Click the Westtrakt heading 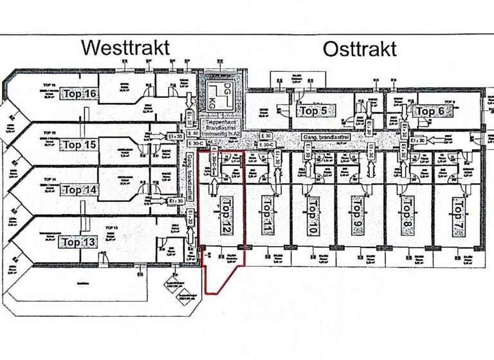pyautogui.click(x=125, y=48)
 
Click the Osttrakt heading pyautogui.click(x=360, y=49)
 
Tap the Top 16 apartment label pyautogui.click(x=80, y=94)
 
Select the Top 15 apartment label pyautogui.click(x=80, y=145)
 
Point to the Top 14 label pyautogui.click(x=80, y=190)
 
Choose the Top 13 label pyautogui.click(x=78, y=242)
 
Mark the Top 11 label pyautogui.click(x=268, y=213)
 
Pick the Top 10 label pyautogui.click(x=312, y=213)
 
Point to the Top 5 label pyautogui.click(x=313, y=111)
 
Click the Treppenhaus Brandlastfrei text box pyautogui.click(x=221, y=127)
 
